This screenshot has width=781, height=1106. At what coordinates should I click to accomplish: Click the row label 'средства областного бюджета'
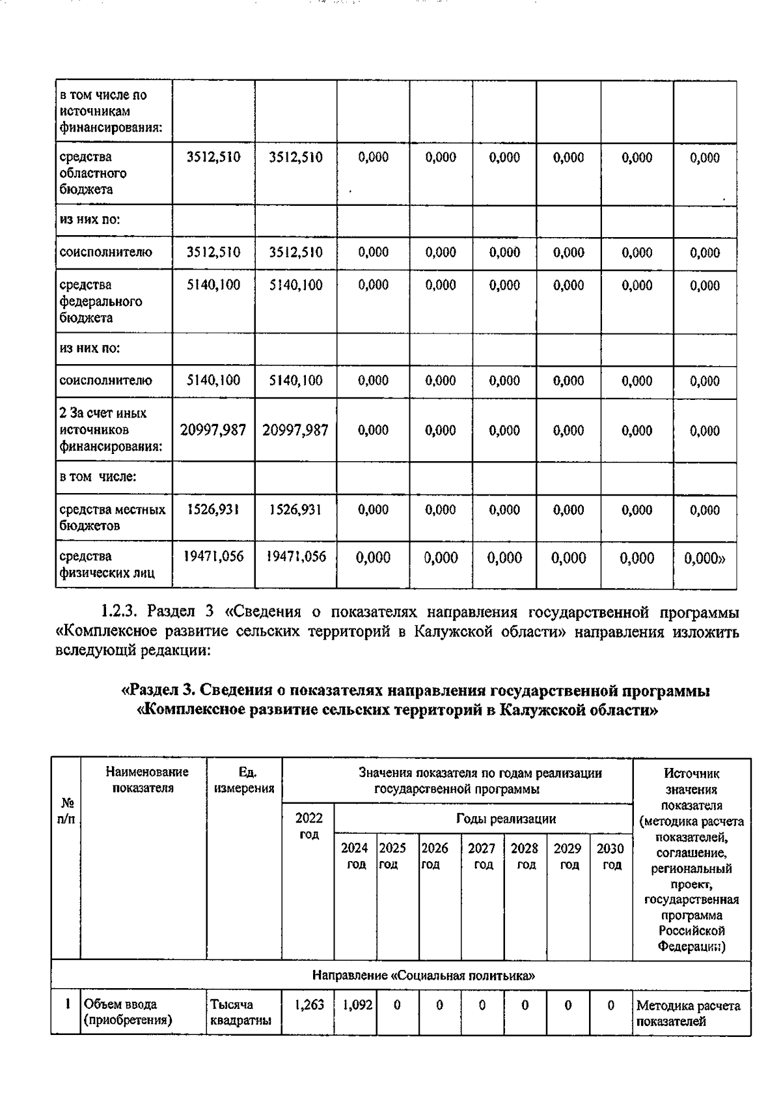point(93,173)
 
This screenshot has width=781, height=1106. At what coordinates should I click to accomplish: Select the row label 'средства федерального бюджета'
point(100,301)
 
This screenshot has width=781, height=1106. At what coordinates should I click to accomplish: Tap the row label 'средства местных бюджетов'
point(112,517)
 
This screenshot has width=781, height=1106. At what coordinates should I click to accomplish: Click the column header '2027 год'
point(482,856)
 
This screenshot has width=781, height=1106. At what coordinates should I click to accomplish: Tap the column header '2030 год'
point(610,856)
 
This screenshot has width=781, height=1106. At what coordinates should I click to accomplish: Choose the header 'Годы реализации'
point(506,819)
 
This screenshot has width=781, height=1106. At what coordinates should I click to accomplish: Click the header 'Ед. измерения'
point(244,780)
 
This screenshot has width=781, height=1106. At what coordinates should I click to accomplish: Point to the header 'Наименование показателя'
point(146,780)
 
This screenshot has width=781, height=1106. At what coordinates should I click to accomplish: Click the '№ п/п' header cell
point(66,810)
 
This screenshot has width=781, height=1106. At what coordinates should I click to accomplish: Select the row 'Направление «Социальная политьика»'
point(423,975)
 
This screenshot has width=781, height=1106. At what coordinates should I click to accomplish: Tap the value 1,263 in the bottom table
point(308,1005)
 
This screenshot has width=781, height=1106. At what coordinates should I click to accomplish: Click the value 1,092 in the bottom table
point(357,1005)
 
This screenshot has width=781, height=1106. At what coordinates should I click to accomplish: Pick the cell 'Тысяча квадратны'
point(240,1012)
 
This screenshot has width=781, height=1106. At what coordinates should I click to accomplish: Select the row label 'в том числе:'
point(98,477)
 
